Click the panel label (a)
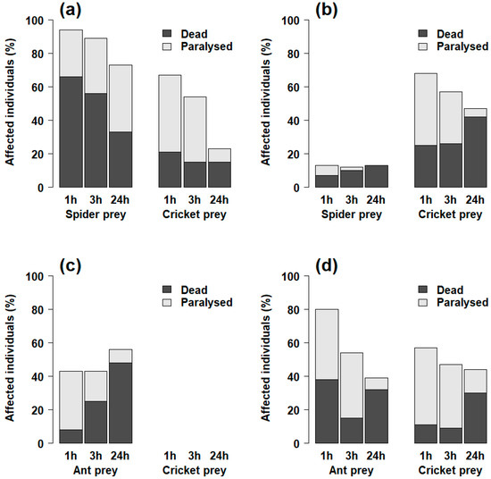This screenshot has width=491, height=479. [74, 11]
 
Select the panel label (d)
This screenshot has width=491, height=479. [334, 266]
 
